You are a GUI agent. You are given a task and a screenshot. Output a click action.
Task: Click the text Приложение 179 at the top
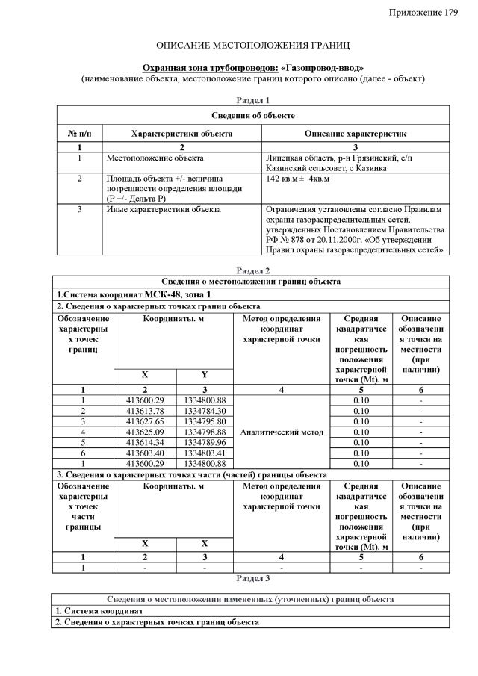[x=423, y=13]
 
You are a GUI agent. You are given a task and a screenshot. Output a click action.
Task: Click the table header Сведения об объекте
[x=252, y=115]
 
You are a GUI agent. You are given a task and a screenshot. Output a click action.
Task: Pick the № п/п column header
[x=79, y=133]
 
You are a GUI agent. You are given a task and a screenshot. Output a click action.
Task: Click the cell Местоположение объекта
[x=155, y=158]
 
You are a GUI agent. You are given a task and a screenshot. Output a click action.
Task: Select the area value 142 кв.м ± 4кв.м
[x=298, y=179]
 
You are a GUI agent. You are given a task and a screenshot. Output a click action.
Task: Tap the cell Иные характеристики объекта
[x=164, y=210]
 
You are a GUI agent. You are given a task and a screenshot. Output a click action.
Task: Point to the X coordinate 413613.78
[x=145, y=411]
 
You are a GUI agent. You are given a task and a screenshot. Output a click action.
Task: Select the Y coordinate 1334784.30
[x=205, y=411]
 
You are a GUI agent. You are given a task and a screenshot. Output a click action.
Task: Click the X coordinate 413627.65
[x=145, y=421]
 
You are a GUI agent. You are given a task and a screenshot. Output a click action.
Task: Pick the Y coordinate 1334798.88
[x=205, y=432]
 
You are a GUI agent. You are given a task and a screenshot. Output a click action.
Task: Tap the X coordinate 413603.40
[x=145, y=453]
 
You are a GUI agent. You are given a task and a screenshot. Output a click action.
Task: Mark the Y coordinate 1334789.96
[x=205, y=442]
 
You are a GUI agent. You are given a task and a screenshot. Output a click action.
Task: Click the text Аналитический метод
[x=282, y=432]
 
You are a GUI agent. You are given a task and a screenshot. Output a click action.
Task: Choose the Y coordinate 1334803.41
[x=205, y=453]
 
